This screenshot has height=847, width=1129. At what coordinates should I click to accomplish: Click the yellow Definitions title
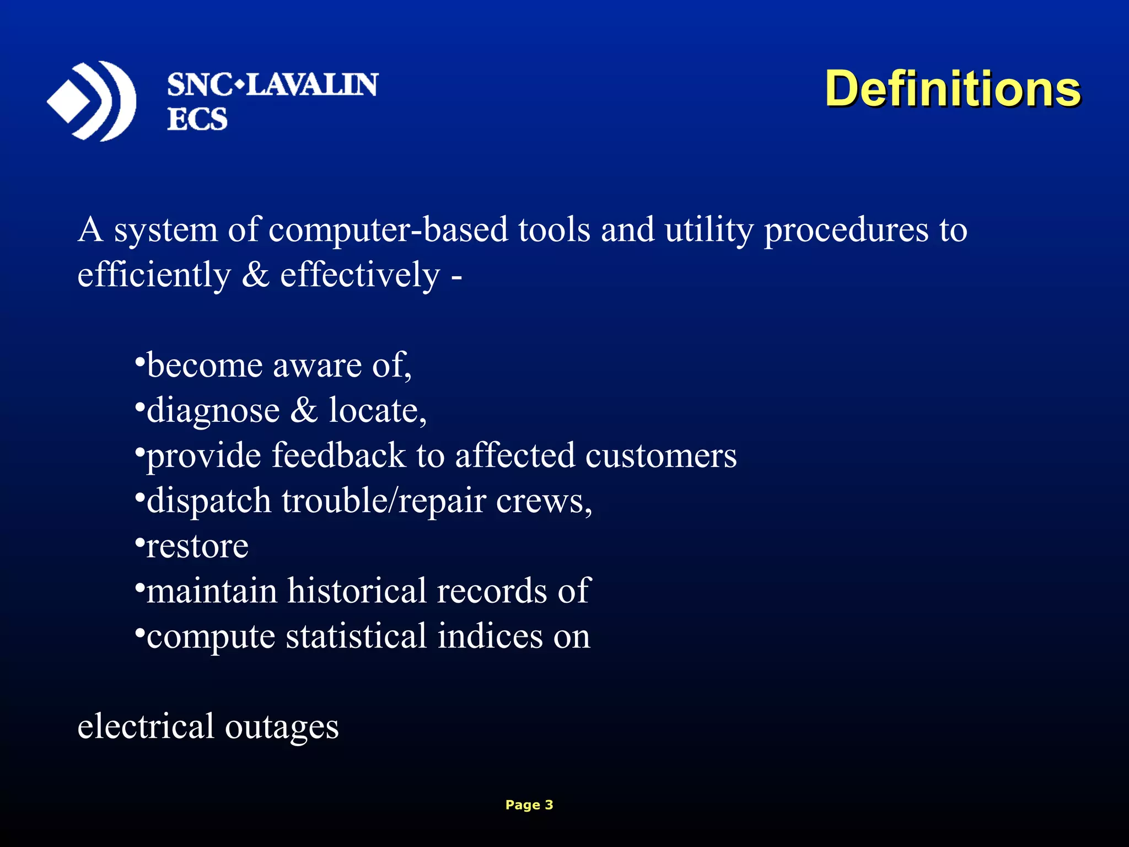pos(952,89)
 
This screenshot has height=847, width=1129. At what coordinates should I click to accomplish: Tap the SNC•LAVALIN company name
pos(272,85)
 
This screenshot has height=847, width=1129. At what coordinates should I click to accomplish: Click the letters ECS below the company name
pos(197,119)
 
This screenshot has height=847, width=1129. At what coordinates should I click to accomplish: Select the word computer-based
pos(388,229)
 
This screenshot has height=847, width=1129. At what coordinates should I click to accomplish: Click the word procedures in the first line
pos(846,230)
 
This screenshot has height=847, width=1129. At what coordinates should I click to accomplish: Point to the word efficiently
pos(154,275)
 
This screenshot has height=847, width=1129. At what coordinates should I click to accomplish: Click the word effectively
pos(359,275)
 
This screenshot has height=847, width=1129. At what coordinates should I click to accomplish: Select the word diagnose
pos(213,411)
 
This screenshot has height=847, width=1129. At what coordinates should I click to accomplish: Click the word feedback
pos(338,455)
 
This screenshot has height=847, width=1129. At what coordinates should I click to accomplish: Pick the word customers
pos(660,457)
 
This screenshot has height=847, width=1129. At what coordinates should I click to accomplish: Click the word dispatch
pos(209,502)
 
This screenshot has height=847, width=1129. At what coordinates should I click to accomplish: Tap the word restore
pos(197,547)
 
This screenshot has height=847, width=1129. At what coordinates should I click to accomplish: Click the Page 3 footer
pos(529,805)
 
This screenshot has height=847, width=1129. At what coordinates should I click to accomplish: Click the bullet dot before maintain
pos(139,586)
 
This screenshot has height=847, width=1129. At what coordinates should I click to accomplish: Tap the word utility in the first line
pos(708,230)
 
